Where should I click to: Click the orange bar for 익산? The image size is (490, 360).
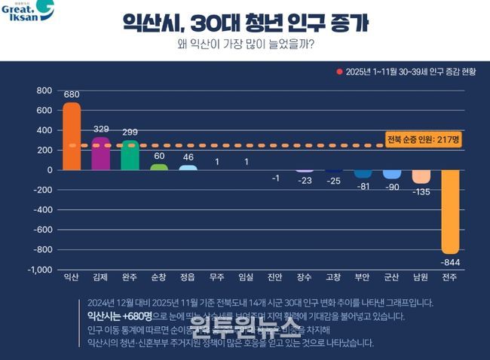coord(71,136)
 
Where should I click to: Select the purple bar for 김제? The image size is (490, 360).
coord(101,154)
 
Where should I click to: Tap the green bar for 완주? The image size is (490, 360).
coord(130,155)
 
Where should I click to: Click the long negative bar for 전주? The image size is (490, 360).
coord(450,212)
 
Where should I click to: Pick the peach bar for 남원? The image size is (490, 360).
coord(421,176)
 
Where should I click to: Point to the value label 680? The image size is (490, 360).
coord(71,95)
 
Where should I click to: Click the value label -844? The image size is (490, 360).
coord(450,262)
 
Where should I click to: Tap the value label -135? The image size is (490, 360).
coord(421,191)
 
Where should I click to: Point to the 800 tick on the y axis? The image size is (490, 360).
coord(44,90)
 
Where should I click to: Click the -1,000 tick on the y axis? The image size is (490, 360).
coord(39,270)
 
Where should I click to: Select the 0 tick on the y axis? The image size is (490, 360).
coord(49,170)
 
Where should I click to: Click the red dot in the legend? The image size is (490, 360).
coord(339,72)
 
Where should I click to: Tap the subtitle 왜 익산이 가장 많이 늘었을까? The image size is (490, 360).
coord(245,43)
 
